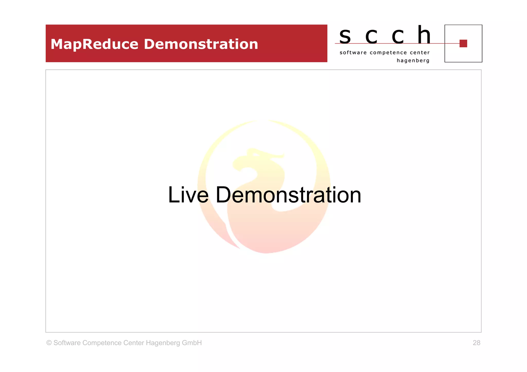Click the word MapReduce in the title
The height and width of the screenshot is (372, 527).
(x=94, y=44)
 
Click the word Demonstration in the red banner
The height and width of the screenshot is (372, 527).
(x=201, y=44)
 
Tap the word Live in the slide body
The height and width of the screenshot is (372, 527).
(x=188, y=195)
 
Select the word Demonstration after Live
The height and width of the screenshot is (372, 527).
(x=288, y=195)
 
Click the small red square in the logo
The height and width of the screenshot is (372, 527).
(x=463, y=43)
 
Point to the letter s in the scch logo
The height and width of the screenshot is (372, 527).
(x=345, y=36)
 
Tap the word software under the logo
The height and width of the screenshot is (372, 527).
(x=353, y=53)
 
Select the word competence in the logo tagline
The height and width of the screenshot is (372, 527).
(x=388, y=53)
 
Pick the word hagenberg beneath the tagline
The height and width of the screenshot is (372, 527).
(x=413, y=61)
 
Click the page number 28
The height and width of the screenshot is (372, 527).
(x=476, y=343)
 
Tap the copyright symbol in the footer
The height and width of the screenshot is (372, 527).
(x=49, y=343)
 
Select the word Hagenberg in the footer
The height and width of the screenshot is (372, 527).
(x=163, y=343)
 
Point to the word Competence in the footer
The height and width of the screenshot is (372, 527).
(x=102, y=343)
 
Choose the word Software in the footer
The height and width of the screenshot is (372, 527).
(x=67, y=343)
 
